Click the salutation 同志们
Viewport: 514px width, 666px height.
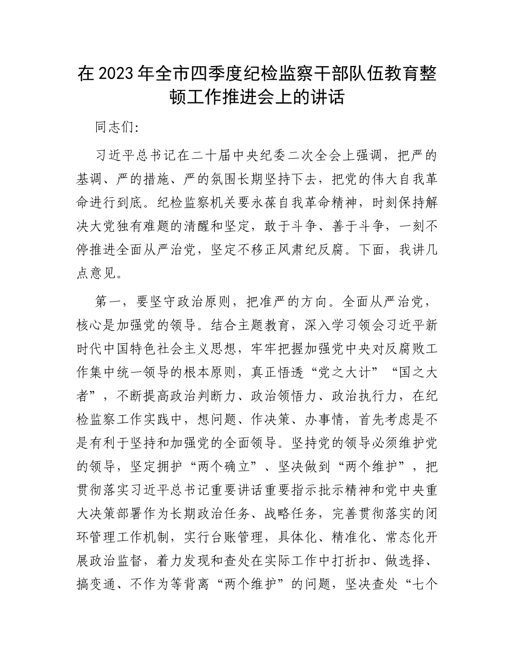point(110,128)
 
